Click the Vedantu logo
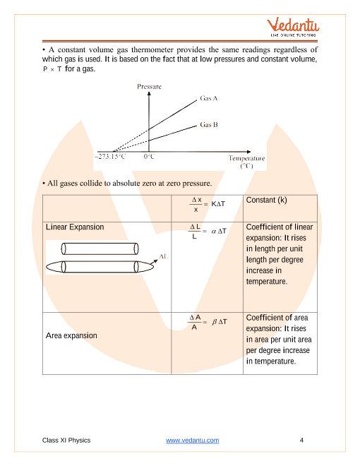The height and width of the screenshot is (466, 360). [292, 27]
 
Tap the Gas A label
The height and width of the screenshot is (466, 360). [209, 98]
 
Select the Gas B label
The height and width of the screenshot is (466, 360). [209, 124]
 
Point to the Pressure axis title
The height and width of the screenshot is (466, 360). [149, 86]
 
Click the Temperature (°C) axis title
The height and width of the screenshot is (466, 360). [246, 162]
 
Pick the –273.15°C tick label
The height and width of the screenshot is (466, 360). [110, 156]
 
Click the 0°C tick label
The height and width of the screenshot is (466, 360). [150, 156]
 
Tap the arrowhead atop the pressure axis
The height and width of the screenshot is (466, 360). [149, 93]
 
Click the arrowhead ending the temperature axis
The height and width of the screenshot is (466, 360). [248, 152]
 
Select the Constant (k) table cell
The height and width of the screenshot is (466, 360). [266, 200]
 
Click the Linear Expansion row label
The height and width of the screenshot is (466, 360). [75, 227]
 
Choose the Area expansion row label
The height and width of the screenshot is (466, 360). [71, 335]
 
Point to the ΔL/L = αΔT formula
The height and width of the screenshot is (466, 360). [208, 232]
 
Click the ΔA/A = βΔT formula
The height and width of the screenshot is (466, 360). [208, 322]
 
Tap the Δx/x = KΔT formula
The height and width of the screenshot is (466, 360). [208, 205]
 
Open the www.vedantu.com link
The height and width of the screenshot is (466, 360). [193, 441]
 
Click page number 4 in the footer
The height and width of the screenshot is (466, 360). [301, 440]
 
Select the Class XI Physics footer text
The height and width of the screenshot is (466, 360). [66, 440]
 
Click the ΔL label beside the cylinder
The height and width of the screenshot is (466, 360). [163, 256]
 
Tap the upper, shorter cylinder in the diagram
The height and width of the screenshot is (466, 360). [100, 249]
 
